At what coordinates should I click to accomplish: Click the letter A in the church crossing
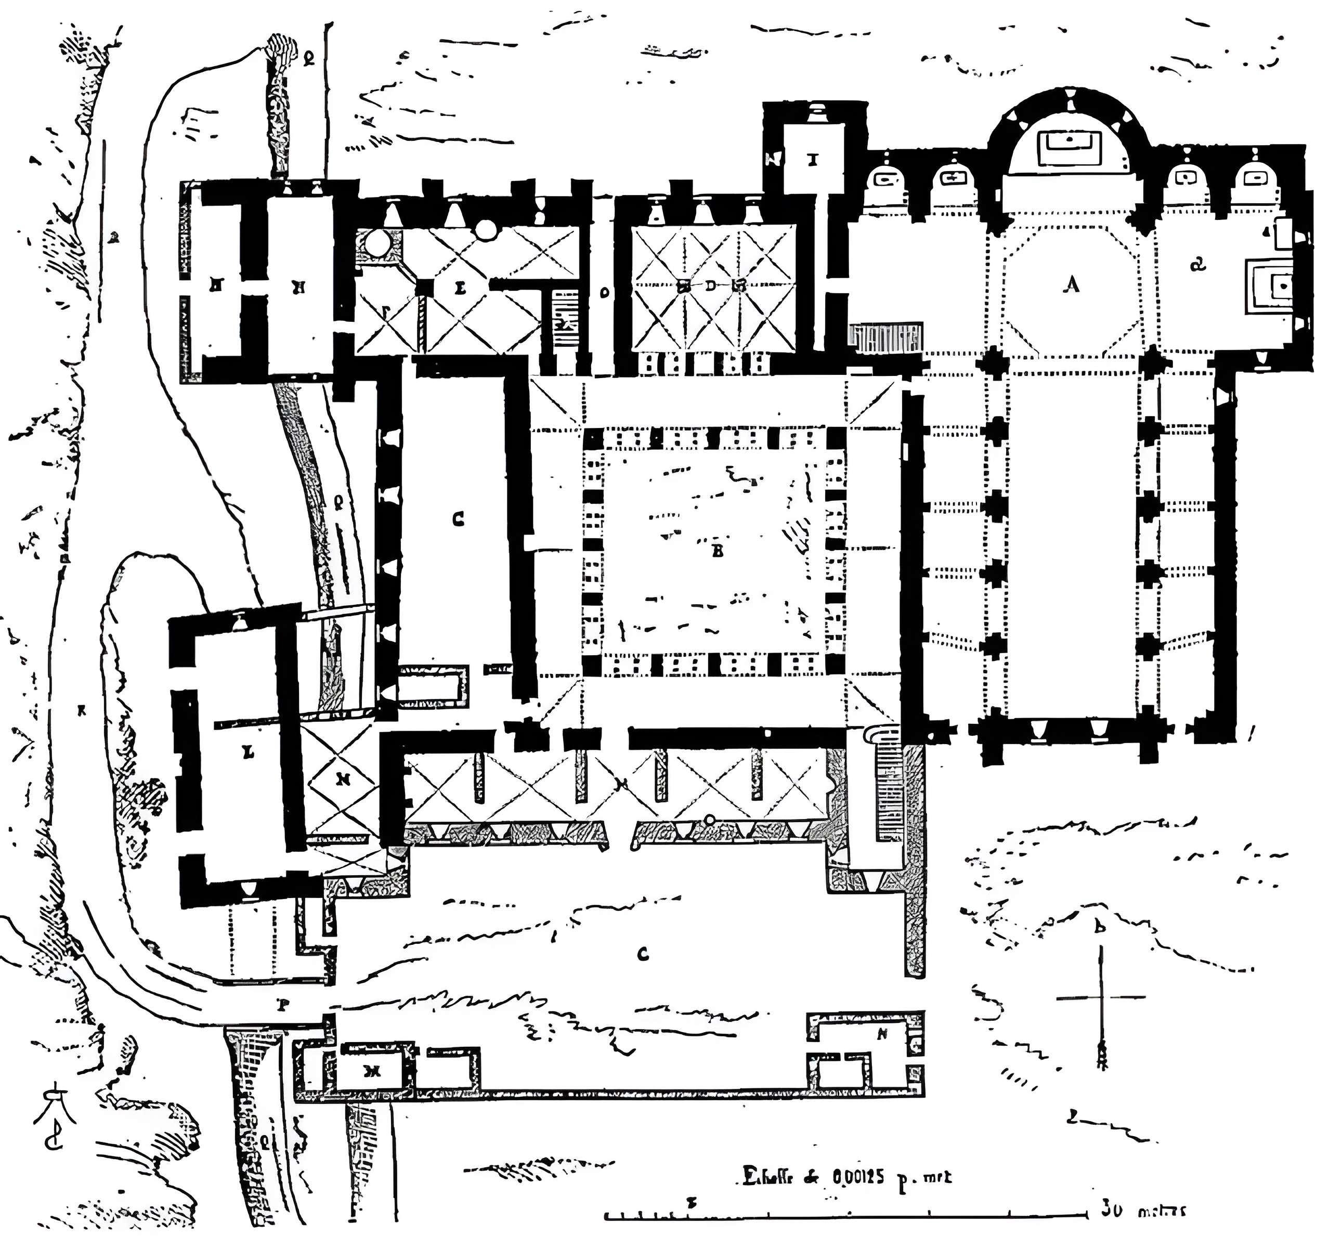click(x=1072, y=285)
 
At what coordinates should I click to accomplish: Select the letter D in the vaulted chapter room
click(x=710, y=286)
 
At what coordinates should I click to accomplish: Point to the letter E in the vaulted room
click(x=460, y=288)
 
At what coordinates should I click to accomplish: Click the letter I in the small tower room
click(x=812, y=159)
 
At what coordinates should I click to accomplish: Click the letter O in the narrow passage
click(x=604, y=292)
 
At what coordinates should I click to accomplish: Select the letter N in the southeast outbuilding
click(x=882, y=1034)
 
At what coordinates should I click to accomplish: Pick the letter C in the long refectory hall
click(x=458, y=519)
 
